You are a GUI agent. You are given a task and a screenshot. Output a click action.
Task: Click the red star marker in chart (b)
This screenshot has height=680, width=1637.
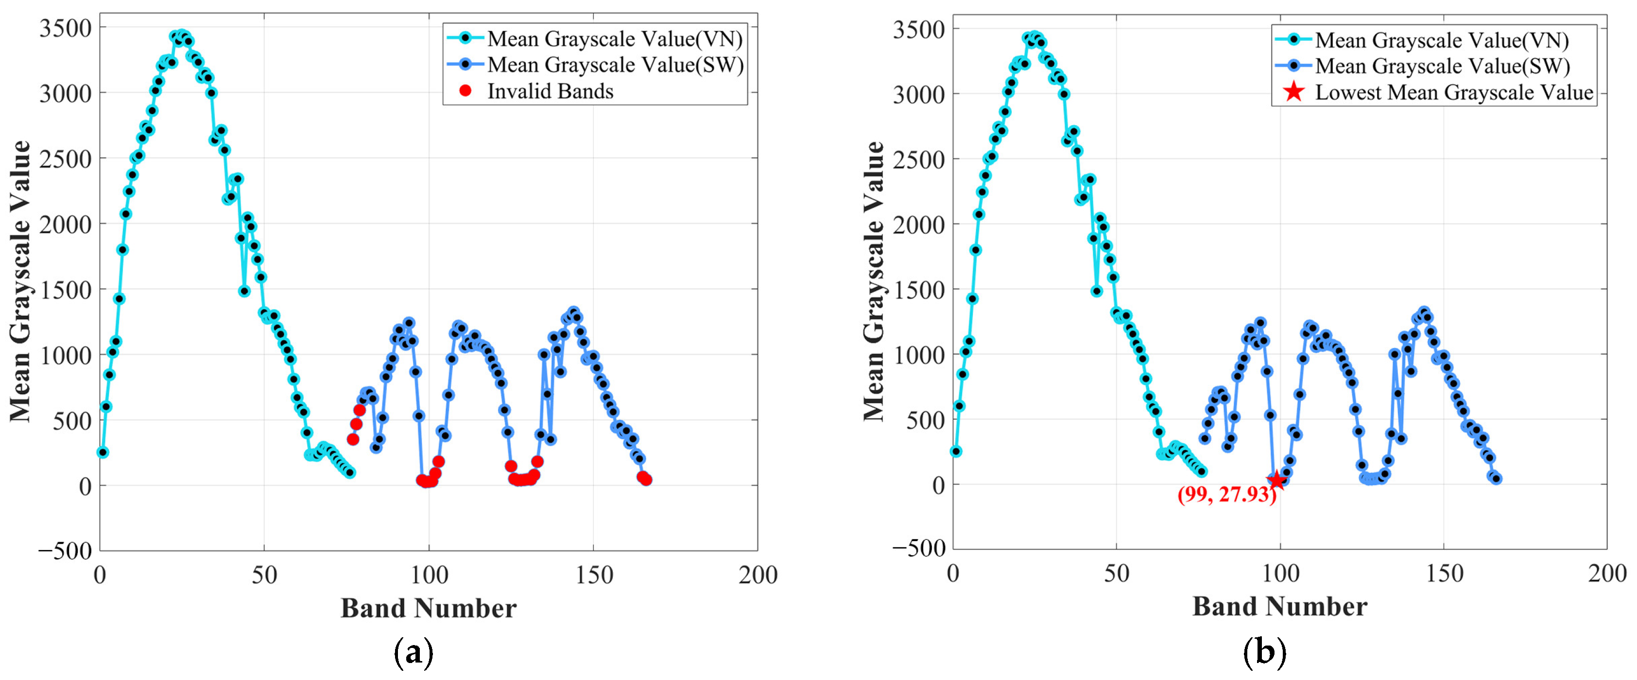click(1276, 480)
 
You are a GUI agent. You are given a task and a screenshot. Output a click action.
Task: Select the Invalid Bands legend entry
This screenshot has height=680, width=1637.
click(550, 91)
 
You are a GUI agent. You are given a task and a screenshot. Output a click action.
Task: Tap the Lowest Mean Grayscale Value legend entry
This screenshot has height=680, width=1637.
click(1453, 93)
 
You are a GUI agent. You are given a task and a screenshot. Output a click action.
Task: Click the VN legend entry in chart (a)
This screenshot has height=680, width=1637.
click(615, 39)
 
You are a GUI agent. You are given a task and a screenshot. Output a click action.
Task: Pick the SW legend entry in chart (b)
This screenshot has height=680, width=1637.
click(1442, 66)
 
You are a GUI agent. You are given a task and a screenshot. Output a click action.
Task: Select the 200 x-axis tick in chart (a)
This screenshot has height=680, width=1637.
click(758, 575)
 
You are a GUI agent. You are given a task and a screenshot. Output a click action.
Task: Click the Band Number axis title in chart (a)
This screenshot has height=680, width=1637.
click(428, 608)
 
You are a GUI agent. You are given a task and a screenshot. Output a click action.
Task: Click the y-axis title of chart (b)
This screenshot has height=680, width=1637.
click(875, 281)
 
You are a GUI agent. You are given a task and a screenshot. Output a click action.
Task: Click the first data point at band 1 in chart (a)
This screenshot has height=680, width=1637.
click(103, 452)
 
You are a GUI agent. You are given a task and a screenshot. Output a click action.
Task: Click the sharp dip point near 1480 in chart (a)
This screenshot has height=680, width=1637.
click(244, 291)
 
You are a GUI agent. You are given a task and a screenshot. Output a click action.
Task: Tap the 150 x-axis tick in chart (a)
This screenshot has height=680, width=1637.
click(594, 575)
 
